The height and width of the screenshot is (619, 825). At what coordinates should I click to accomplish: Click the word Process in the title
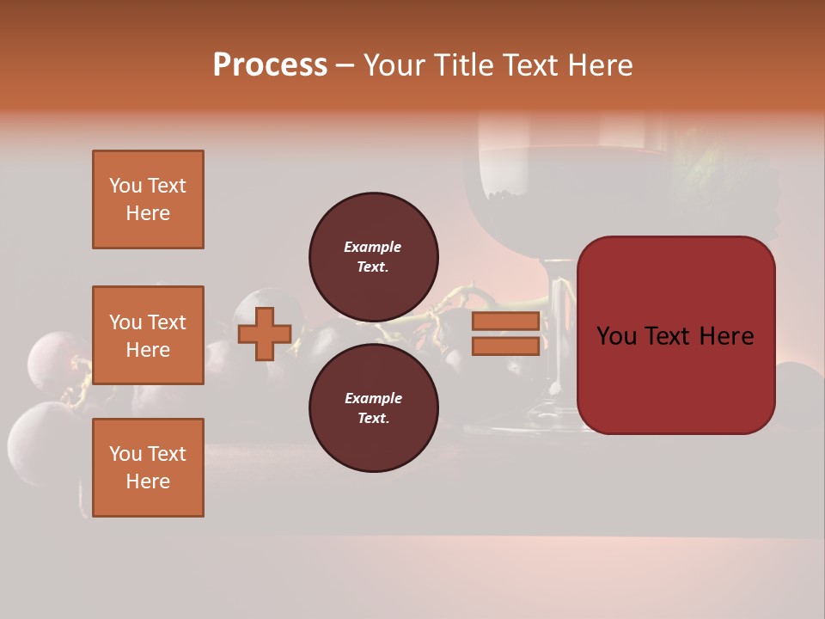(x=270, y=65)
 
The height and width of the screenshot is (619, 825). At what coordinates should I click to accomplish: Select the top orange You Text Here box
(x=148, y=199)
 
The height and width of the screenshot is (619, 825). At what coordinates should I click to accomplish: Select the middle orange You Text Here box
(x=148, y=335)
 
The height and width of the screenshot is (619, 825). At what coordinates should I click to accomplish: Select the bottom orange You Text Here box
(x=148, y=467)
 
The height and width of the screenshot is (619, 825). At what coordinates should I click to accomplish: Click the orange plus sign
(x=265, y=334)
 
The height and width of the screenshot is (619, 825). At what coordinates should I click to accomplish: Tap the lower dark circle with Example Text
(x=373, y=408)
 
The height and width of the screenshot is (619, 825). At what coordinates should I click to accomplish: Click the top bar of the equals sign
(x=505, y=321)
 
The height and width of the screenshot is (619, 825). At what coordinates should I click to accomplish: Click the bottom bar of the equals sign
(x=505, y=346)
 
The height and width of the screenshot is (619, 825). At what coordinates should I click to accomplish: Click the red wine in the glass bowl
(x=516, y=176)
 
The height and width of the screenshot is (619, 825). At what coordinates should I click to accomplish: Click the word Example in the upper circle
(x=372, y=247)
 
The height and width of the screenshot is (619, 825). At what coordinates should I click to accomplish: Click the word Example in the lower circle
(x=372, y=398)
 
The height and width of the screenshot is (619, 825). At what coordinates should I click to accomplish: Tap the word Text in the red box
(x=672, y=336)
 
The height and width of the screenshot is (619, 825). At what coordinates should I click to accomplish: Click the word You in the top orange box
(x=125, y=186)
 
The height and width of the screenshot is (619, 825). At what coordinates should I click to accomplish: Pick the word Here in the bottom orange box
(x=148, y=481)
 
